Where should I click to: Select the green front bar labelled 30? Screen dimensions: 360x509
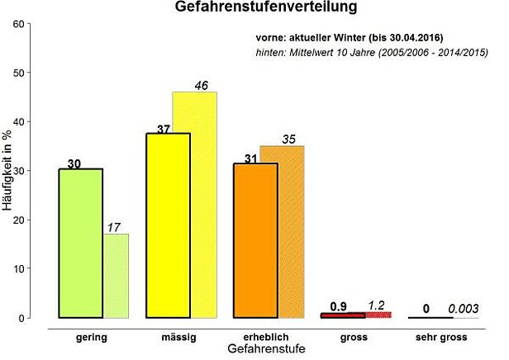coord(80,244)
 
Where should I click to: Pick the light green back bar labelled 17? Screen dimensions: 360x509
coord(116,276)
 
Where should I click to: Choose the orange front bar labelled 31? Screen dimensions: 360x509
coord(255,240)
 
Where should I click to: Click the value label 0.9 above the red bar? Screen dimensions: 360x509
coord(338,306)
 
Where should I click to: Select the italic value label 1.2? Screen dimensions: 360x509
coord(376,306)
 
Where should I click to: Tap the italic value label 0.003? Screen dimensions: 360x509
coord(464,308)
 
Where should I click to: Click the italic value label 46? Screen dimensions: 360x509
coord(202,85)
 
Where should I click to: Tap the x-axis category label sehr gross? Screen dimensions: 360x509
coord(441,337)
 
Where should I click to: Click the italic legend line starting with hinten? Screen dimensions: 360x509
coord(368,54)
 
